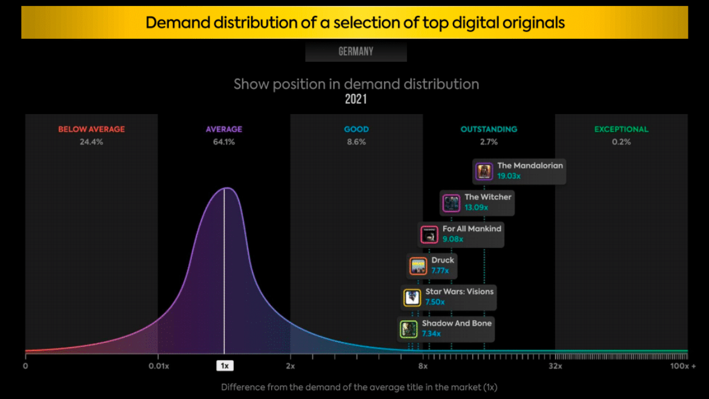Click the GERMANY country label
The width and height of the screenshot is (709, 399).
pyautogui.click(x=356, y=52)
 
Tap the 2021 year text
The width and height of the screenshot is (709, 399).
pyautogui.click(x=356, y=99)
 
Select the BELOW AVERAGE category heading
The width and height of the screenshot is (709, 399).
pyautogui.click(x=91, y=129)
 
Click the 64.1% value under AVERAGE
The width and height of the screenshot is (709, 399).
pyautogui.click(x=224, y=142)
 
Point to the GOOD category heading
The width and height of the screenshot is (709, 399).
pyautogui.click(x=356, y=129)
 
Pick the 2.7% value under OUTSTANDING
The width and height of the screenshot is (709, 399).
pyautogui.click(x=489, y=142)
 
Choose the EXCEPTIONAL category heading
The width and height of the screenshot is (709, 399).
pyautogui.click(x=621, y=129)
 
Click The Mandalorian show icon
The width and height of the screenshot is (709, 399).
pyautogui.click(x=484, y=172)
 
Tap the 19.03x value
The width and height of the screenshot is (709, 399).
pyautogui.click(x=509, y=176)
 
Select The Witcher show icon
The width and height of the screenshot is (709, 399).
pyautogui.click(x=451, y=203)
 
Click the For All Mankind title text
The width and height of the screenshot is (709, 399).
pyautogui.click(x=472, y=229)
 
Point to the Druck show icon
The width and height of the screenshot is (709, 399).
pyautogui.click(x=418, y=266)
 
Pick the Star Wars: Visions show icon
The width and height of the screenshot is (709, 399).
pyautogui.click(x=412, y=298)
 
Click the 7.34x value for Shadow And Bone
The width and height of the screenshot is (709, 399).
pyautogui.click(x=432, y=334)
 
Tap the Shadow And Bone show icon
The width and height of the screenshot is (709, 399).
pyautogui.click(x=409, y=329)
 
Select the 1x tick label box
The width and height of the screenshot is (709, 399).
pyautogui.click(x=224, y=366)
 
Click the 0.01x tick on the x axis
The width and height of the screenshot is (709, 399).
pyautogui.click(x=158, y=366)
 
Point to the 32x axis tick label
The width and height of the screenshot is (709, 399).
pyautogui.click(x=555, y=366)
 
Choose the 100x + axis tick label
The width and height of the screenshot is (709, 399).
pyautogui.click(x=682, y=366)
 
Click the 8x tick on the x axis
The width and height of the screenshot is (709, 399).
pyautogui.click(x=423, y=366)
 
